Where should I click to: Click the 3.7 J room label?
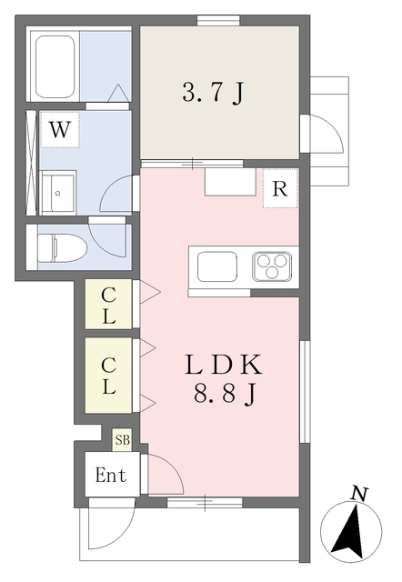(x=213, y=93)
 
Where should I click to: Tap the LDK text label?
(x=224, y=365)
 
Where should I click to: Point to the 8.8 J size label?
(x=225, y=394)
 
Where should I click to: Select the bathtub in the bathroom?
(x=55, y=66)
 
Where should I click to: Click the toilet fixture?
(x=62, y=246)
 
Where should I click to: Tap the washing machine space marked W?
(x=60, y=129)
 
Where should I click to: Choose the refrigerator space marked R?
(x=280, y=188)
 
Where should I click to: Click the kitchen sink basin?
(x=217, y=266)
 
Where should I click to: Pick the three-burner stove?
(x=272, y=266)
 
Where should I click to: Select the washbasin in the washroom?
(x=57, y=192)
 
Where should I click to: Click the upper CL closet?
(x=108, y=304)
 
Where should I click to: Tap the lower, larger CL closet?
(x=108, y=376)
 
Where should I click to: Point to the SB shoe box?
(x=122, y=440)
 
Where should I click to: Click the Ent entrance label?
(x=111, y=475)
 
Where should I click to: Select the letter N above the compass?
(x=359, y=494)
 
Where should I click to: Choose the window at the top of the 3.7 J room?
(x=218, y=20)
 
